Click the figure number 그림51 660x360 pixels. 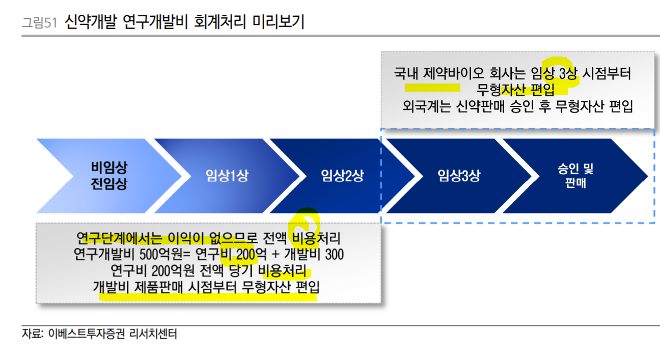pos(39,23)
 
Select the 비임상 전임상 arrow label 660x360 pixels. pos(109,176)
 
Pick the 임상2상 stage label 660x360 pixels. pos(342,176)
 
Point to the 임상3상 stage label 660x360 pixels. pos(458,176)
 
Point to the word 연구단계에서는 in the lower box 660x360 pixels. pos(117,238)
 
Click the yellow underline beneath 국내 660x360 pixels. pos(425,87)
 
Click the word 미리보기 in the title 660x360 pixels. pos(282,22)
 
